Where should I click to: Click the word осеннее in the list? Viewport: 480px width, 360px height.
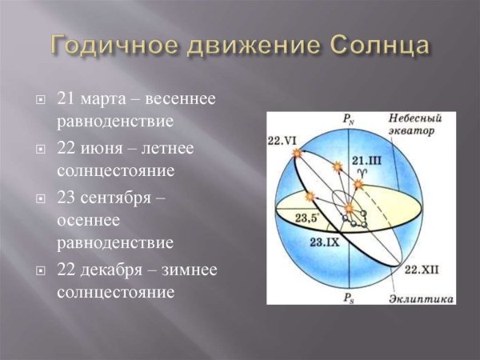tap(87, 219)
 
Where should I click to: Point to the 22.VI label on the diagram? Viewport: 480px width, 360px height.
tap(284, 140)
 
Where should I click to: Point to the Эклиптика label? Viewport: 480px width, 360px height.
tap(422, 297)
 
